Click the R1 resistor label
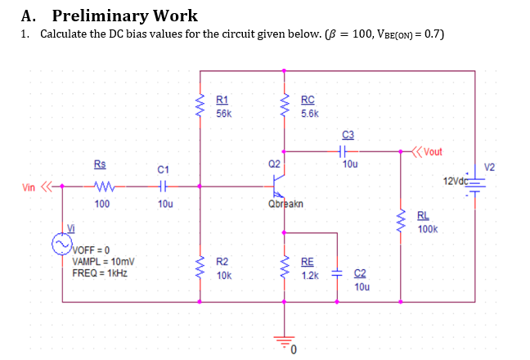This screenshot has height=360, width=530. pos(222,100)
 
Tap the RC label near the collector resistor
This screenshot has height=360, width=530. pos(307,100)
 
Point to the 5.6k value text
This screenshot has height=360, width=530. pos(309,114)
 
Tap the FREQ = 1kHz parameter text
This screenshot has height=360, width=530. pos(99,272)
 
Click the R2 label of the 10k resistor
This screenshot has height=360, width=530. pos(222,262)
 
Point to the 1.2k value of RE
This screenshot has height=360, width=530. pos(309,276)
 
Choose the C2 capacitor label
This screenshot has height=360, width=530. pos(361,273)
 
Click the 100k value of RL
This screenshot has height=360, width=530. pos(427,231)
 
